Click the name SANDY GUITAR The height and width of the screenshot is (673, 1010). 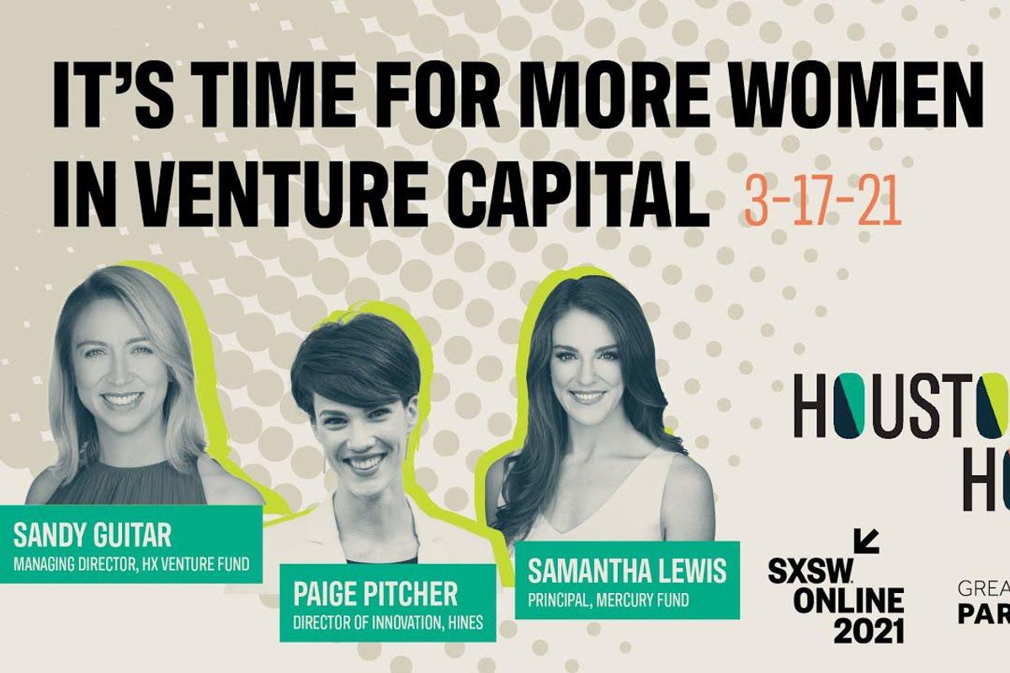(93, 534)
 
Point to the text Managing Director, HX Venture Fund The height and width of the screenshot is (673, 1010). (131, 564)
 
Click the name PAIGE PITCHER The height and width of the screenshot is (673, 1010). (375, 594)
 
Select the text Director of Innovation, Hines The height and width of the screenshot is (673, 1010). (388, 623)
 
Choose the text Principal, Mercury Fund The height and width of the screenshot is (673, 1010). (609, 601)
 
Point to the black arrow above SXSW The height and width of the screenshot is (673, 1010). (866, 542)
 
